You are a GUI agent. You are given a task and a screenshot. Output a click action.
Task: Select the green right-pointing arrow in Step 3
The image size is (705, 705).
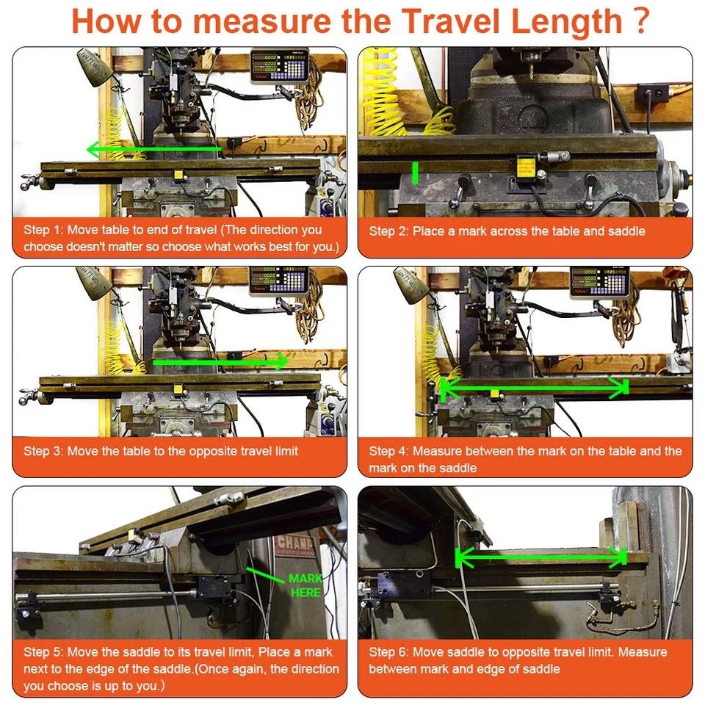(220, 362)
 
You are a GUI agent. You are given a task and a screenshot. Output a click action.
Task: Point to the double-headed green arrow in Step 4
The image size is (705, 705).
(534, 387)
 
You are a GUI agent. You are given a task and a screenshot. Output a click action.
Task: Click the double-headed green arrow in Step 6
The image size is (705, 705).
(542, 558)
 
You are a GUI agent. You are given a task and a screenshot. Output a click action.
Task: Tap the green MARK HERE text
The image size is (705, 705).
(305, 585)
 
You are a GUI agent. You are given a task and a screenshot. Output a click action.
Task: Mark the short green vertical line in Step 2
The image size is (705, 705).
(415, 173)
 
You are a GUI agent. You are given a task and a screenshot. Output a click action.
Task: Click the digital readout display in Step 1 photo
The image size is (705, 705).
(279, 65)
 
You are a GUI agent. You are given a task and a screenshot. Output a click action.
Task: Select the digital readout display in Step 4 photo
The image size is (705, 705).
(599, 281)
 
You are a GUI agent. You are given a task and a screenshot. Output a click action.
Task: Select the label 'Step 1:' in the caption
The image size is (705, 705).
(43, 231)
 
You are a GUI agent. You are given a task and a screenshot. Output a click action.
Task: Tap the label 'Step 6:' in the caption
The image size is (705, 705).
(389, 652)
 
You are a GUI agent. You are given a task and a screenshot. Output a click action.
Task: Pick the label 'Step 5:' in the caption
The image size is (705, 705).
(43, 652)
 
